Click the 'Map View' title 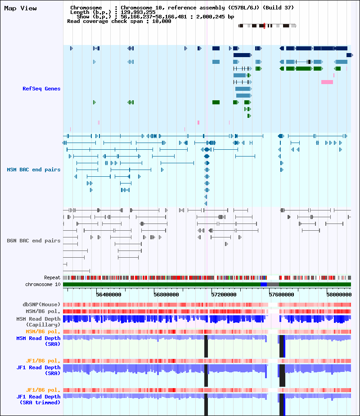point(20,9)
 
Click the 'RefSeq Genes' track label point(41,89)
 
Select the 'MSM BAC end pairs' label point(34,170)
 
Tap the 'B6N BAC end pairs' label point(34,241)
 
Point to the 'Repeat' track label point(52,277)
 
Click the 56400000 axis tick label point(108,295)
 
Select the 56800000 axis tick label point(166,295)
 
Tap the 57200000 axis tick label point(224,295)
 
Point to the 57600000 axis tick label point(281,295)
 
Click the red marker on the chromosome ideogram point(264,26)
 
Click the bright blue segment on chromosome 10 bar point(264,284)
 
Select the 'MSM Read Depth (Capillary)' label point(38,322)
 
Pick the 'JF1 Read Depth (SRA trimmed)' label point(38,399)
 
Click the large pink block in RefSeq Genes point(327,82)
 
